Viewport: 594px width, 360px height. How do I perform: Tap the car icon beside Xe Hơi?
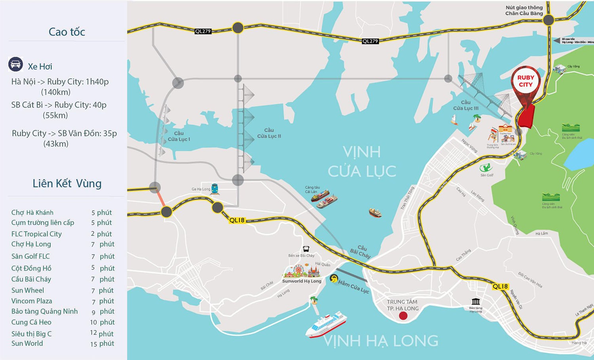[15, 64]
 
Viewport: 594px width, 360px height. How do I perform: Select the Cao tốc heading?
[67, 32]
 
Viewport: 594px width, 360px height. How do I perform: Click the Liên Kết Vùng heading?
[67, 183]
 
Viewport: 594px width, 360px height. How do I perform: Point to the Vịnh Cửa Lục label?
[362, 162]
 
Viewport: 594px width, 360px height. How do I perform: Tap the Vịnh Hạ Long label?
[381, 341]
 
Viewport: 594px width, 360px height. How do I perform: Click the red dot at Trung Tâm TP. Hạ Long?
[403, 316]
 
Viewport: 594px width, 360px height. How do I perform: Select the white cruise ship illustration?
[326, 324]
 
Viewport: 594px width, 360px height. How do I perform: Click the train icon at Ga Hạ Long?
[215, 189]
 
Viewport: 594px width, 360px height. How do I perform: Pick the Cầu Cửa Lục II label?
[269, 133]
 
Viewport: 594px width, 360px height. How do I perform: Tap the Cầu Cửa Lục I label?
[179, 136]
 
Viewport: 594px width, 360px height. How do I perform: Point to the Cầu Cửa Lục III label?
[466, 105]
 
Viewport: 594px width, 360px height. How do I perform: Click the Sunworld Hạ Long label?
[302, 281]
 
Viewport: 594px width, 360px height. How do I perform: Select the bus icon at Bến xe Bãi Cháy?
[306, 249]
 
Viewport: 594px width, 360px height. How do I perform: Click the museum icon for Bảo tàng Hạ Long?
[476, 302]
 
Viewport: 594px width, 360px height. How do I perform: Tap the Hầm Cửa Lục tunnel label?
[353, 287]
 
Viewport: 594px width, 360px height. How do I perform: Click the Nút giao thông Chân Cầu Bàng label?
[524, 10]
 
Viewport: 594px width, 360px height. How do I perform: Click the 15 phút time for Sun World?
[102, 344]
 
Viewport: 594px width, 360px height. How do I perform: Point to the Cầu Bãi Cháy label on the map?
[360, 252]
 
